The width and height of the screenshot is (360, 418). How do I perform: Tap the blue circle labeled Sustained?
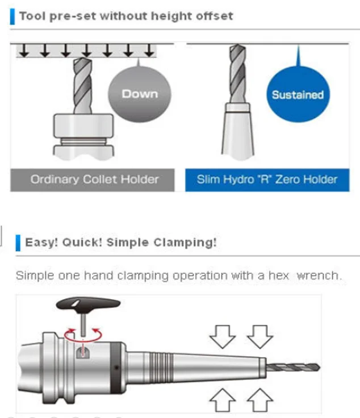pos(297,95)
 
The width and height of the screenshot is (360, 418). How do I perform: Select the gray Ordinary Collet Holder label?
pos(94,179)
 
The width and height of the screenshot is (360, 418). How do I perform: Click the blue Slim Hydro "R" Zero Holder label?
pos(267,179)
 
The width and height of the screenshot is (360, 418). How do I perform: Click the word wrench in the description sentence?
pos(320,276)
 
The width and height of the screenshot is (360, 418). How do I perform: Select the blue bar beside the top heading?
pos(12,15)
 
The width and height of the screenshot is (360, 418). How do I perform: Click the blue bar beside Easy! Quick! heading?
pos(18,243)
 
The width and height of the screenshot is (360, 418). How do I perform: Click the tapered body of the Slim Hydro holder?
pos(237,133)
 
